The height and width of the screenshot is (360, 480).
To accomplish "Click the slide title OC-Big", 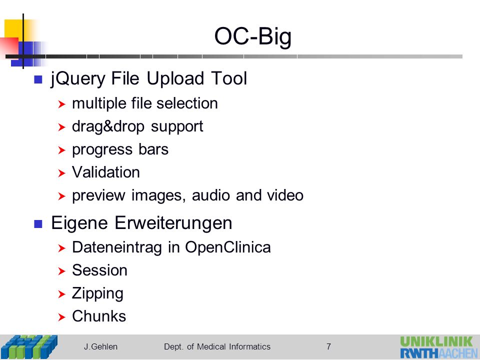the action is (253, 36).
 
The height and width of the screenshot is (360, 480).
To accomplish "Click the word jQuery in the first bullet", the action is (78, 79).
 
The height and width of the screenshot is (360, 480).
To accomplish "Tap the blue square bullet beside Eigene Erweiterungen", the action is (38, 224).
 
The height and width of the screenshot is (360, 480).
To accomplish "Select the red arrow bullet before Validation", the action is (61, 173).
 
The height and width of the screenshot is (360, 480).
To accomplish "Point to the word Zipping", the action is (97, 294).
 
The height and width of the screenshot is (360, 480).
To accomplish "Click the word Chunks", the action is (99, 316).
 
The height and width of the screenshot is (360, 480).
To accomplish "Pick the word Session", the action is (99, 270).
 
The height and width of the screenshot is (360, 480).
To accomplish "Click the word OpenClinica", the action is (228, 247).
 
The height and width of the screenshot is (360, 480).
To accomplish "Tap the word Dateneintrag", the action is (116, 247).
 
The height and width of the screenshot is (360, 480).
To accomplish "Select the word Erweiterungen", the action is (173, 223).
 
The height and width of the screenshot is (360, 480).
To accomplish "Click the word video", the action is (285, 195).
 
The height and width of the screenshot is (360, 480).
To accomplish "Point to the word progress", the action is (102, 150).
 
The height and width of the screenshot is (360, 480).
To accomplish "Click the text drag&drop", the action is (108, 127).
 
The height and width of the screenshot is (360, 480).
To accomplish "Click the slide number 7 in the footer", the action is (328, 346).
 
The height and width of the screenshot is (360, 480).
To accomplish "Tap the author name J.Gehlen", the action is (100, 347).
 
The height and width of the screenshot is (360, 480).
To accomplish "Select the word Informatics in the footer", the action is (249, 346).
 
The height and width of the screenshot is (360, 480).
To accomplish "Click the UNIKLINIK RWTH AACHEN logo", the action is (439, 347).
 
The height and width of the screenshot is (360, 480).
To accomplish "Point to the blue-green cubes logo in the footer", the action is (29, 347).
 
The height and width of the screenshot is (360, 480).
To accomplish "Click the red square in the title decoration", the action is (9, 46).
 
